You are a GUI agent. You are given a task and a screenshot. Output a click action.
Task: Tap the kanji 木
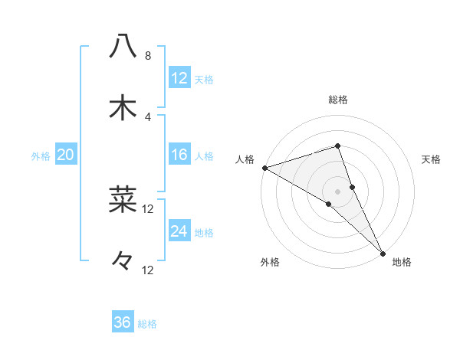pyautogui.click(x=123, y=107)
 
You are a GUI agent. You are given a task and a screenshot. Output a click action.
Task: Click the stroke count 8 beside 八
pyautogui.click(x=147, y=56)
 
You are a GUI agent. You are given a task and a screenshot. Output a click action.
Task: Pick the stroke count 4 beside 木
pyautogui.click(x=147, y=116)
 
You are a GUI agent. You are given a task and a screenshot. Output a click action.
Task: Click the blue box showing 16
pyautogui.click(x=179, y=155)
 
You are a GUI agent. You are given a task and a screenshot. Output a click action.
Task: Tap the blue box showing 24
pyautogui.click(x=179, y=231)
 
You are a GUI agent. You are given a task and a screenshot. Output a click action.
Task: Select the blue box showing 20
pyautogui.click(x=66, y=155)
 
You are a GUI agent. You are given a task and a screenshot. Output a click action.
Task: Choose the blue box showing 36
pyautogui.click(x=123, y=322)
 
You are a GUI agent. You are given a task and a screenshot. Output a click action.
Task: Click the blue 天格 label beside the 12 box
pyautogui.click(x=204, y=80)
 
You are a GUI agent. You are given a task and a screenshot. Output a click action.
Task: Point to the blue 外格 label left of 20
pyautogui.click(x=41, y=156)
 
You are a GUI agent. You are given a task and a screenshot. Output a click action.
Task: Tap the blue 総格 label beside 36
pyautogui.click(x=147, y=324)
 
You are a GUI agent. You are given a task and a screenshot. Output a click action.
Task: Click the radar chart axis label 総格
pyautogui.click(x=338, y=100)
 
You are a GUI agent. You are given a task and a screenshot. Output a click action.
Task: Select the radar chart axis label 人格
pyautogui.click(x=245, y=159)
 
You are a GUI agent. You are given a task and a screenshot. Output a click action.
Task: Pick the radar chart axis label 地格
pyautogui.click(x=402, y=262)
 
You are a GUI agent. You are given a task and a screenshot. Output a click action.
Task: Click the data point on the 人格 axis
pyautogui.click(x=264, y=167)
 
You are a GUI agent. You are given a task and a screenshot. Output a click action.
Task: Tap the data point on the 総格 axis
pyautogui.click(x=338, y=146)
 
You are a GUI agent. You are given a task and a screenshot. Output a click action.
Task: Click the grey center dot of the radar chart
pyautogui.click(x=338, y=191)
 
